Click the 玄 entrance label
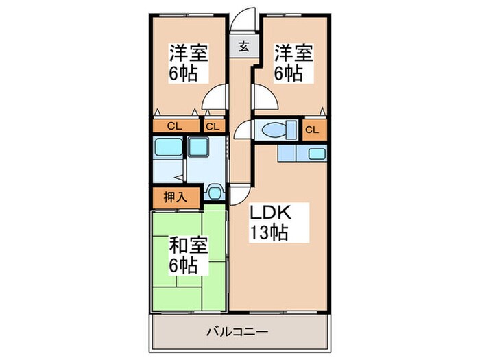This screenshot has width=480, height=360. (x=243, y=47)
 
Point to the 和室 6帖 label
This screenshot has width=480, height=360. (x=188, y=254)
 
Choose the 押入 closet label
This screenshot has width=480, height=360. (x=176, y=196)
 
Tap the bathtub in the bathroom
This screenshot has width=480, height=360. (x=168, y=147)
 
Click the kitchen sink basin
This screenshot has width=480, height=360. (x=317, y=154)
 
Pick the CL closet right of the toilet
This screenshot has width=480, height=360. (x=312, y=128)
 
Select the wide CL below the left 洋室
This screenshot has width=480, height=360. (x=174, y=127)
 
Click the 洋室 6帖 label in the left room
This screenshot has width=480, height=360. (x=188, y=62)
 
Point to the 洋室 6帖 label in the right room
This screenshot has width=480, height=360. (x=294, y=62)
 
